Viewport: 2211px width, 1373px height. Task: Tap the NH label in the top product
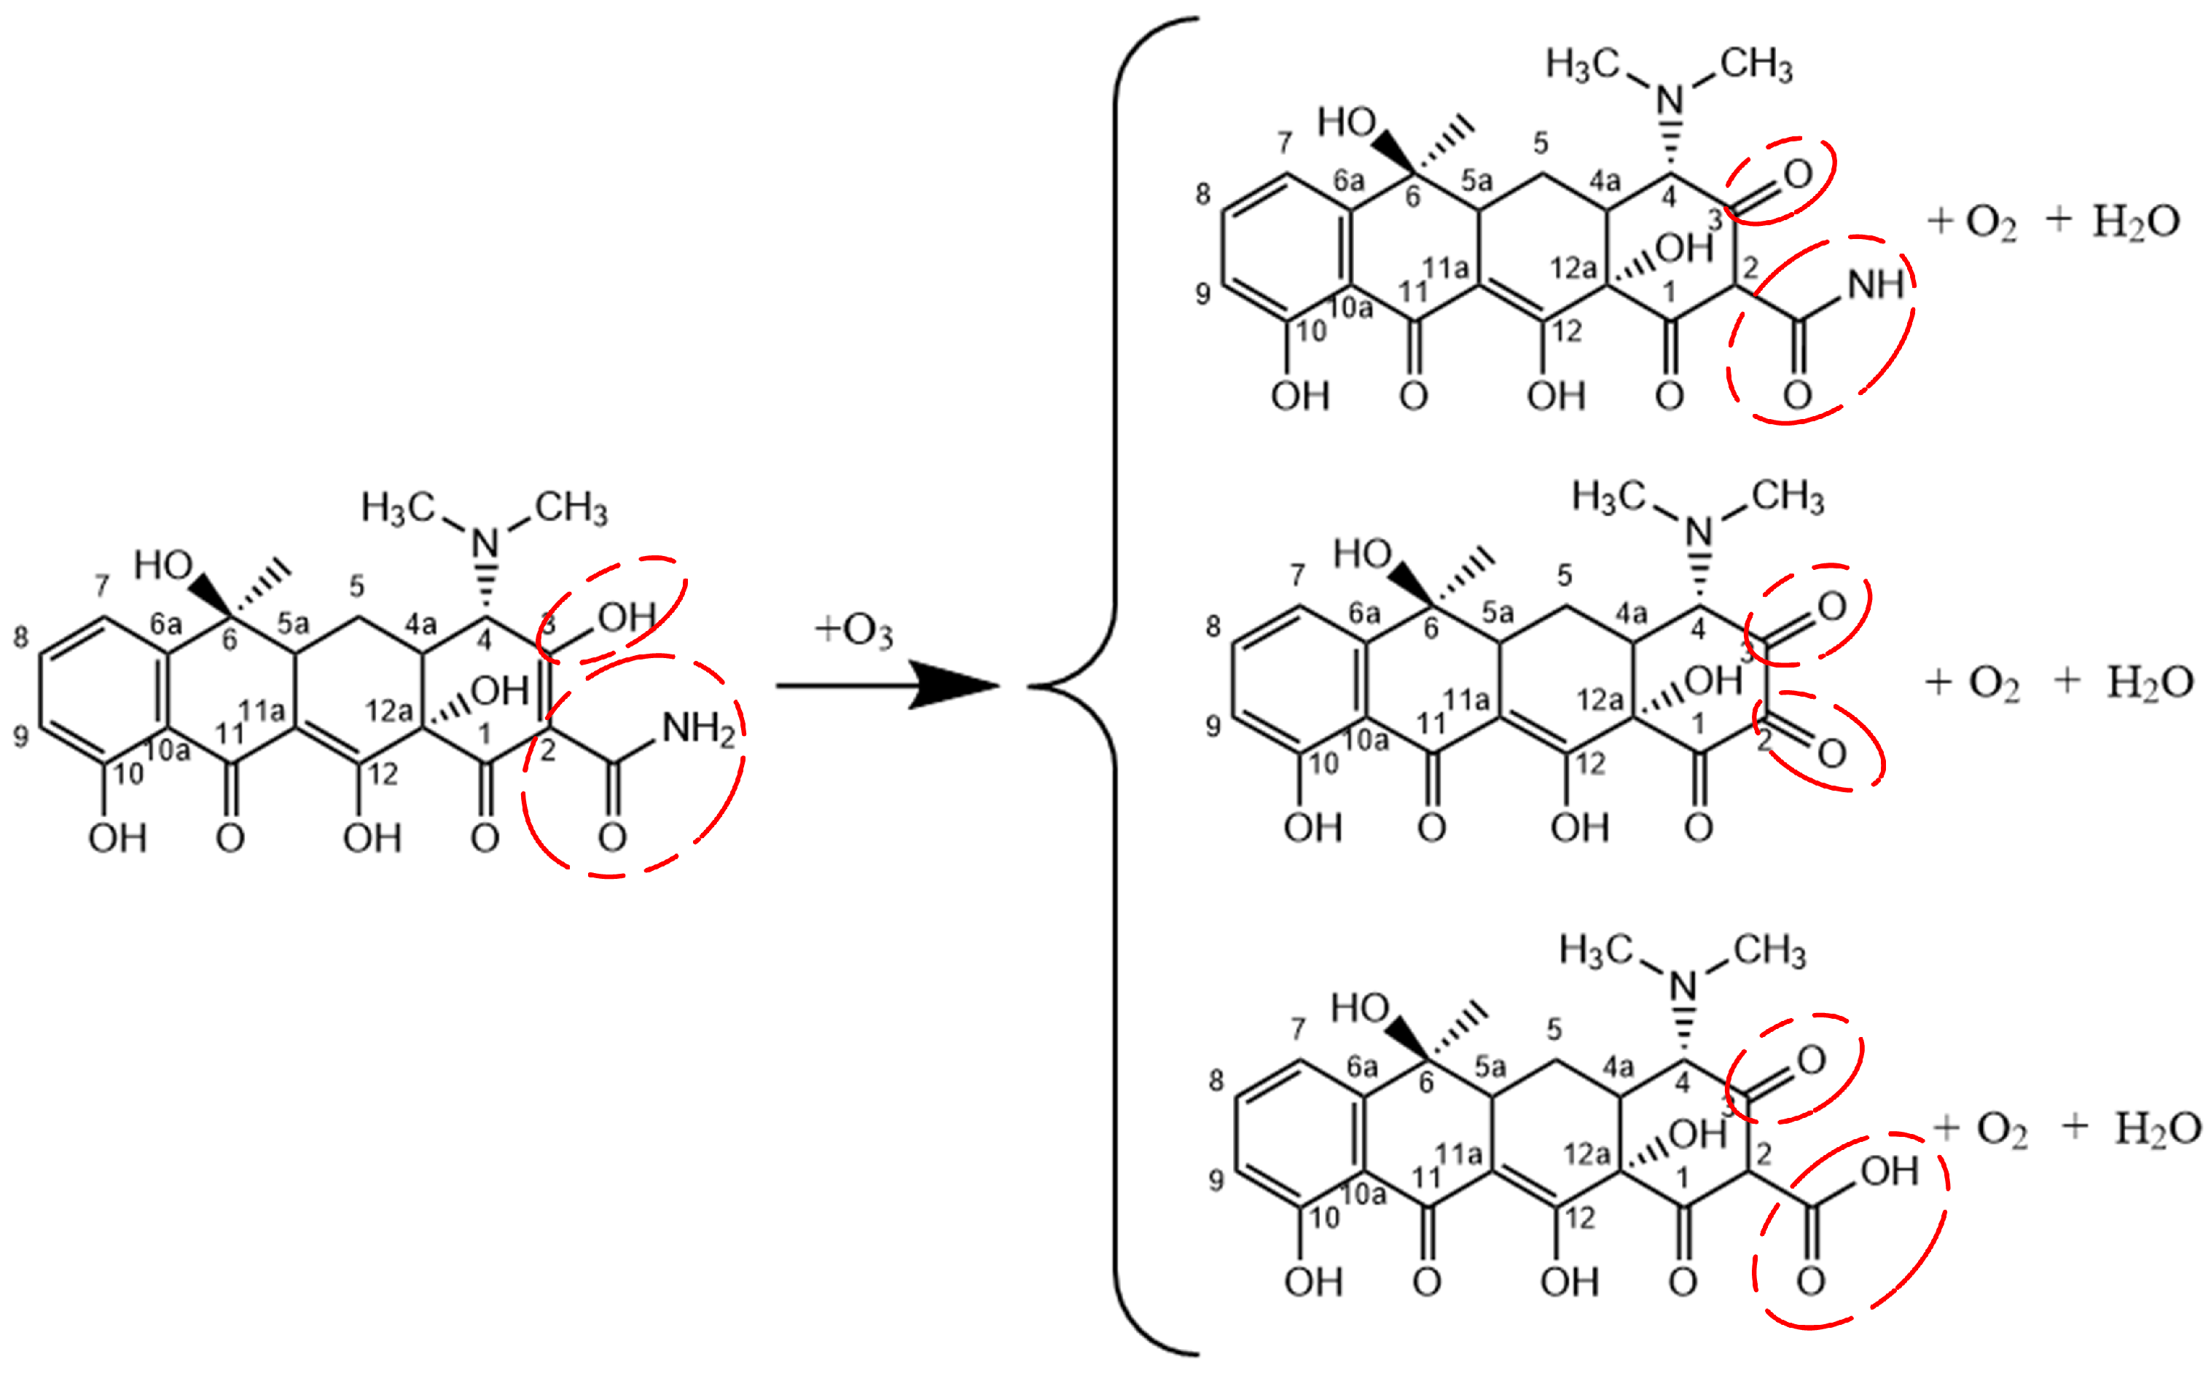click(1875, 285)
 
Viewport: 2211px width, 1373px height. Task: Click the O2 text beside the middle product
click(1994, 684)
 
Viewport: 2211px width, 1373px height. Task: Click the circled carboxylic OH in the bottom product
click(1889, 1171)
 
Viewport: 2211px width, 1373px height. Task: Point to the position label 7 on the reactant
click(102, 586)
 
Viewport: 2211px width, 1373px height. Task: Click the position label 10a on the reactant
click(168, 750)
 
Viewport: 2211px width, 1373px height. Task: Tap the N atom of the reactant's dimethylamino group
click(487, 543)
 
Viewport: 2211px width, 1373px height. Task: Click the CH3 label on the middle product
click(1787, 498)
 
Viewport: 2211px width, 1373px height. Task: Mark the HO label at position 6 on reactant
click(163, 566)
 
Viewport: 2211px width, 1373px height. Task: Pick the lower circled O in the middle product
click(1831, 753)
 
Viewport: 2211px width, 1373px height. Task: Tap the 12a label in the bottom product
click(1586, 1153)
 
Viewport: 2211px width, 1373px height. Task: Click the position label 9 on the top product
click(1202, 293)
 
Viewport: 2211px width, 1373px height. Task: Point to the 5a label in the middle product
click(1498, 613)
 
